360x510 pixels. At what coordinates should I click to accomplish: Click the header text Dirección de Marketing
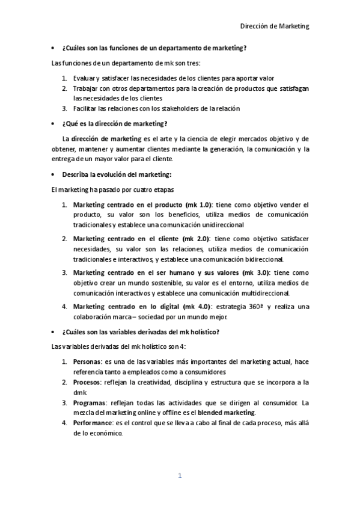coord(274,26)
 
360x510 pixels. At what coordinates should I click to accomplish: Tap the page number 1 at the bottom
coord(179,476)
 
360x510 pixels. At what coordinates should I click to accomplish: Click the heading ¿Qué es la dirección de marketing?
coord(114,123)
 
